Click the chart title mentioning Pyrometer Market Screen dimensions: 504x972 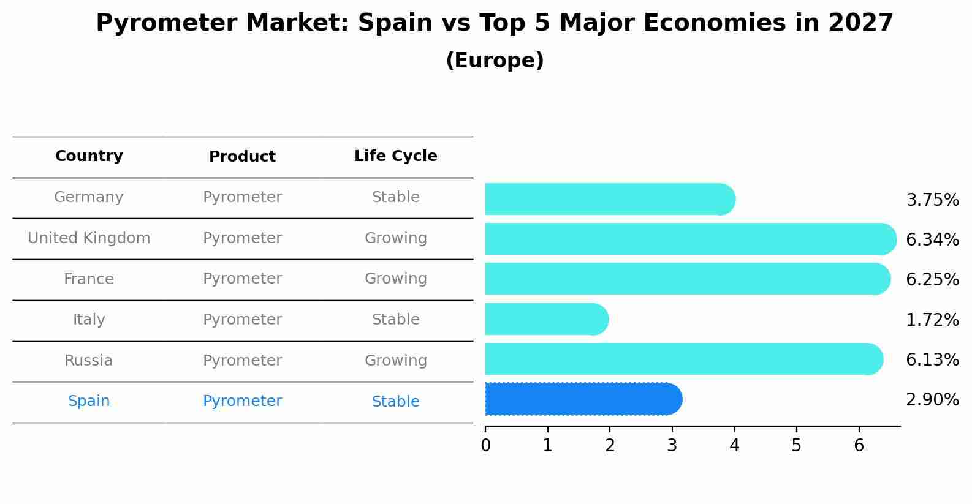click(495, 23)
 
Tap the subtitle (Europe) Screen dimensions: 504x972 click(495, 61)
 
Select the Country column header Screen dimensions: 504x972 click(89, 156)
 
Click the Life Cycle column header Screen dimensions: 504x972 click(395, 156)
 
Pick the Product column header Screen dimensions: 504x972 click(242, 157)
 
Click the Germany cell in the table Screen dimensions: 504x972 click(89, 197)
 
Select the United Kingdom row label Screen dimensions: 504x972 click(89, 238)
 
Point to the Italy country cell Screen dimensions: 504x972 click(89, 320)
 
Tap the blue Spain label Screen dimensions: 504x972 click(89, 401)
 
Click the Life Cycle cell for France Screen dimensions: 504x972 click(395, 279)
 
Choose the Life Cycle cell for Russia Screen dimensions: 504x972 click(395, 361)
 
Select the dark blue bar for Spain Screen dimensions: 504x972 click(582, 399)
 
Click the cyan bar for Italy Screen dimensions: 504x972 click(545, 319)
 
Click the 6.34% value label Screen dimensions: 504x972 click(932, 240)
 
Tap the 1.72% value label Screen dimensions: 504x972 click(932, 320)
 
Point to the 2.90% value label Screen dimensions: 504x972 click(932, 400)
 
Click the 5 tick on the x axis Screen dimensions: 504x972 click(796, 446)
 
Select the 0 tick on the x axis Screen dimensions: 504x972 click(485, 446)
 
